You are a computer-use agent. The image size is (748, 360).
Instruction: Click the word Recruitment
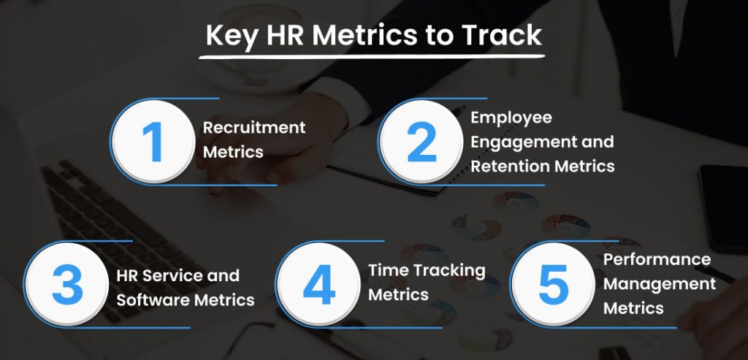253,127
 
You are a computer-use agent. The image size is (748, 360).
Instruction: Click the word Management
659,283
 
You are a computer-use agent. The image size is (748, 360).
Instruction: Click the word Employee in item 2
511,118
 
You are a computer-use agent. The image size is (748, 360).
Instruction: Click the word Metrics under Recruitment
232,152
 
